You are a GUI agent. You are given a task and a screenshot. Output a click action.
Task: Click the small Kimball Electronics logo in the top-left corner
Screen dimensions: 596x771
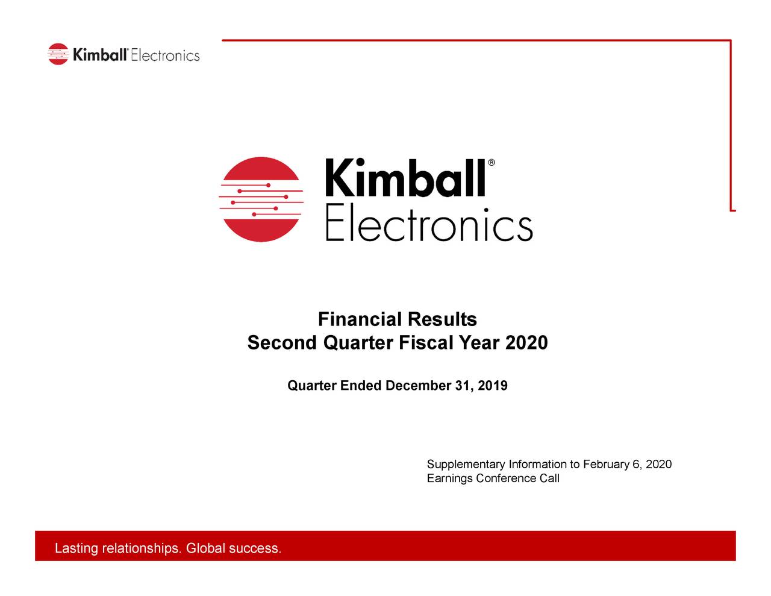[x=123, y=55]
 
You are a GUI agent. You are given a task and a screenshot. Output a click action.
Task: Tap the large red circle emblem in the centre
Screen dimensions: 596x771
[x=260, y=199]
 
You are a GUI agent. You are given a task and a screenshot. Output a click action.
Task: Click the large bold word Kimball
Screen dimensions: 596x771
[x=405, y=178]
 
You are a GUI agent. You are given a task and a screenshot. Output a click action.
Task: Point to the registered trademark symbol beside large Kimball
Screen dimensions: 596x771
[x=492, y=163]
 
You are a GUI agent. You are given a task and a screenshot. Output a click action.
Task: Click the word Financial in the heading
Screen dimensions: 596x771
[x=360, y=319]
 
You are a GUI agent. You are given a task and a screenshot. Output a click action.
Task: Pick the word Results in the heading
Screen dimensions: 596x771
[x=442, y=319]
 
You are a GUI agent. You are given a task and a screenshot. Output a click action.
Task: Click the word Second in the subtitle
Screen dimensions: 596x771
[x=282, y=343]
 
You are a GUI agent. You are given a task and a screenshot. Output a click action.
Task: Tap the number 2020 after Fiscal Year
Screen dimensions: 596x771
[x=526, y=343]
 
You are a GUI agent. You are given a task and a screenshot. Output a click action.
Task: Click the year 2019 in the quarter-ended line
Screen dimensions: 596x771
[x=493, y=386]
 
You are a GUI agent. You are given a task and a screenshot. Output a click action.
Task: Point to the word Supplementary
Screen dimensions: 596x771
[x=466, y=465]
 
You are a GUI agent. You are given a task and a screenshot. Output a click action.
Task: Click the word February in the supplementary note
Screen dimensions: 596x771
[x=606, y=464]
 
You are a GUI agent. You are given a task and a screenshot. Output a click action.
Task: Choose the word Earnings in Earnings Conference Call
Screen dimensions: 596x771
[x=449, y=478]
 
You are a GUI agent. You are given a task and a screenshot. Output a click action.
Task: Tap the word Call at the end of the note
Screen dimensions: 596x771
[x=549, y=478]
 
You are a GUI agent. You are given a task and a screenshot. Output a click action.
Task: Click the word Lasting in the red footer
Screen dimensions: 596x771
[x=76, y=548]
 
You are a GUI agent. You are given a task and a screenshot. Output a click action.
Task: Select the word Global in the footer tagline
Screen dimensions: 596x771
[x=205, y=548]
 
